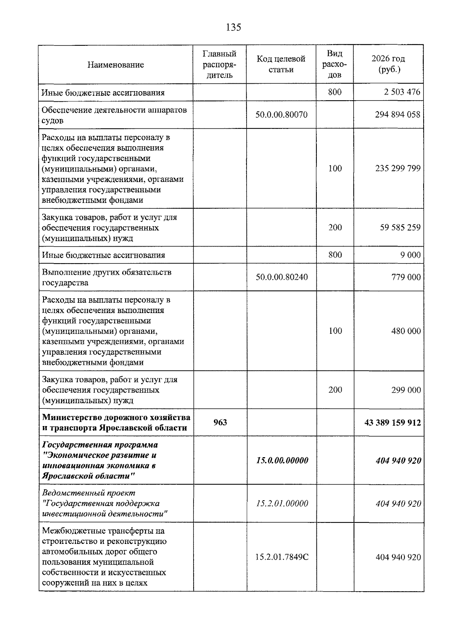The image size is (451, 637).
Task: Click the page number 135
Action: [x=233, y=27]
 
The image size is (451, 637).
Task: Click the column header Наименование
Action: [x=115, y=65]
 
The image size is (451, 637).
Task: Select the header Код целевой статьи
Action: [x=281, y=64]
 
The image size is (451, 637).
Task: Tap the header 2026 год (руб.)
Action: [x=388, y=64]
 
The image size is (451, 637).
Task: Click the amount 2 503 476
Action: [x=402, y=92]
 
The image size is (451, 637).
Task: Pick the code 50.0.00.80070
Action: [x=281, y=114]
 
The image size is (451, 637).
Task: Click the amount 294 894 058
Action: [x=397, y=114]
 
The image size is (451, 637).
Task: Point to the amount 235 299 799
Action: [x=398, y=168]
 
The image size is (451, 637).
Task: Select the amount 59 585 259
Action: [x=400, y=227]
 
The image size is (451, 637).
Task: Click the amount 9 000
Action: [x=410, y=255]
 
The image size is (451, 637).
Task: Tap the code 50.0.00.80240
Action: [x=281, y=277]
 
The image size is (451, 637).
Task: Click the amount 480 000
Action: [x=406, y=331]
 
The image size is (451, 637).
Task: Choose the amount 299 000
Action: [x=406, y=390]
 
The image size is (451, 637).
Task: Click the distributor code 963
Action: [x=220, y=422]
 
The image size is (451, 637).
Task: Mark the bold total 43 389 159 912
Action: [x=392, y=423]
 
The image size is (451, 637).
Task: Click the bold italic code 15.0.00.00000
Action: [x=282, y=460]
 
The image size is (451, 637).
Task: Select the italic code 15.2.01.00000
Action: [x=282, y=503]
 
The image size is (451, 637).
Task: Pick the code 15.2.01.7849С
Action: [x=281, y=557]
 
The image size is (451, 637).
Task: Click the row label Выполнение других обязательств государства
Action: [x=107, y=277]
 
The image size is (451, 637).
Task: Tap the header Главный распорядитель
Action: [x=219, y=64]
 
